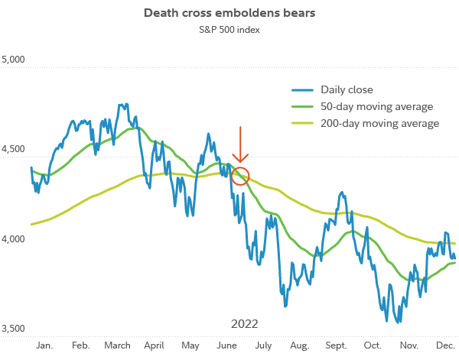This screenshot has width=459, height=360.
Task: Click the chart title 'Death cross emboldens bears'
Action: pyautogui.click(x=229, y=14)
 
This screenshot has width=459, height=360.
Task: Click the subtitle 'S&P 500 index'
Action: pyautogui.click(x=229, y=31)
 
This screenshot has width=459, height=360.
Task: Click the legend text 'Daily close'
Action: pyautogui.click(x=347, y=89)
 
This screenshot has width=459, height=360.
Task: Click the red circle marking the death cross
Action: pyautogui.click(x=240, y=175)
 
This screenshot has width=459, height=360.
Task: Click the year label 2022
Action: pyautogui.click(x=244, y=323)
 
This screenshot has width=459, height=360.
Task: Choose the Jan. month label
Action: pyautogui.click(x=44, y=346)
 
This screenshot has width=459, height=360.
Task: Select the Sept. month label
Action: pyautogui.click(x=337, y=346)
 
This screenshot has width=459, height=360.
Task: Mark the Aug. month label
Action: pyautogui.click(x=299, y=346)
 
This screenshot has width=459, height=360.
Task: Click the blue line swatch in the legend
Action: pyautogui.click(x=303, y=89)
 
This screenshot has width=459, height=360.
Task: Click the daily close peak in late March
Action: pyautogui.click(x=122, y=104)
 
